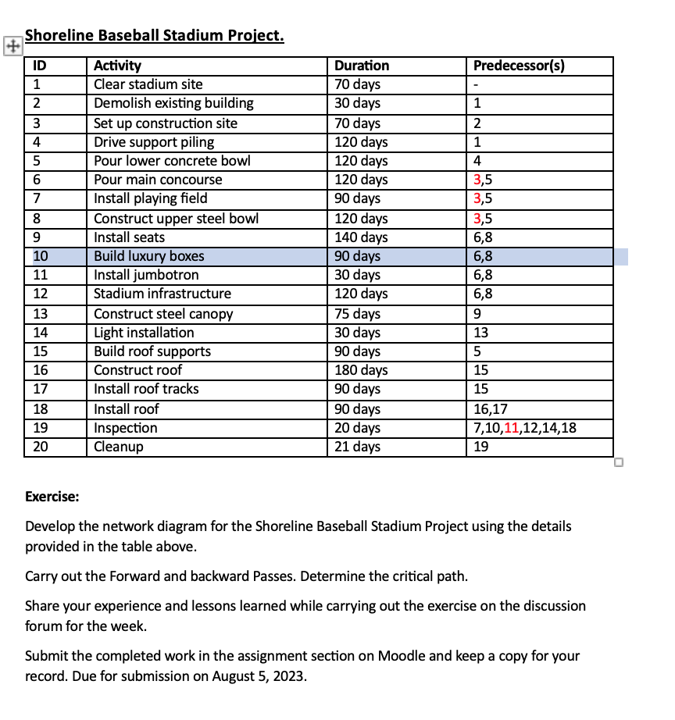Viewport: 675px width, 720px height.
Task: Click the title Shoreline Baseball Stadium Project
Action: pyautogui.click(x=155, y=36)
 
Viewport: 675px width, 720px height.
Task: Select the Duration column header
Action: pyautogui.click(x=361, y=66)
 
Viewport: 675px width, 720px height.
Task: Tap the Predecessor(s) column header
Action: pyautogui.click(x=520, y=66)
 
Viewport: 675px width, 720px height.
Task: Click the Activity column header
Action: pyautogui.click(x=118, y=66)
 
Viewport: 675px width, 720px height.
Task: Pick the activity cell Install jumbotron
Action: pyautogui.click(x=146, y=275)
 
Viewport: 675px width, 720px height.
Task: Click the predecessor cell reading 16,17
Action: pyautogui.click(x=491, y=408)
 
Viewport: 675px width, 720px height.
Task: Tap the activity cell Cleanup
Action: pyautogui.click(x=118, y=447)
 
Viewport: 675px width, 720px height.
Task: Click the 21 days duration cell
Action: pyautogui.click(x=357, y=447)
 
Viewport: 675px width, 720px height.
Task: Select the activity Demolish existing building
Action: pyautogui.click(x=173, y=103)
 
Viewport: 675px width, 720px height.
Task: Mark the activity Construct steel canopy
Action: pyautogui.click(x=163, y=314)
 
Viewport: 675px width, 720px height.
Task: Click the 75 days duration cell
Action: pyautogui.click(x=357, y=314)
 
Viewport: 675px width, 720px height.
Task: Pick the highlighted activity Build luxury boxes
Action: pyautogui.click(x=149, y=256)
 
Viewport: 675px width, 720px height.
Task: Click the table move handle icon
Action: pyautogui.click(x=11, y=45)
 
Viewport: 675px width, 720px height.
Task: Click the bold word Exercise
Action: pyautogui.click(x=52, y=497)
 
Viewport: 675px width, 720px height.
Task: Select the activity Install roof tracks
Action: pyautogui.click(x=146, y=389)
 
